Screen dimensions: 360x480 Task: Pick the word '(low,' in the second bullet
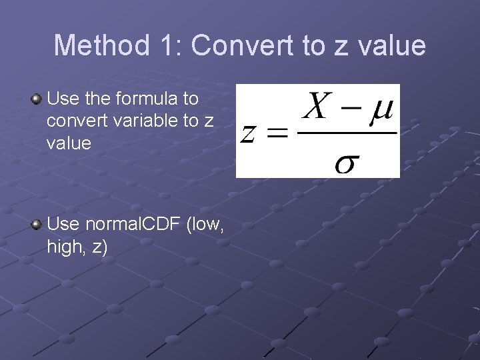coord(205,225)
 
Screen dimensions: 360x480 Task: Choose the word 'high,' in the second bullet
coord(66,247)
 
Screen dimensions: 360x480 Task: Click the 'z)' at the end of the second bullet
coord(99,247)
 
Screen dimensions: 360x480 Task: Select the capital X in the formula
coord(318,107)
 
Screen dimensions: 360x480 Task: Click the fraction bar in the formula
coord(347,132)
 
